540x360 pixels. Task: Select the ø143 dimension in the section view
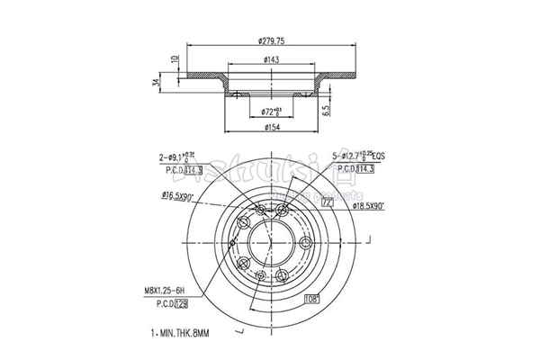[x=270, y=60]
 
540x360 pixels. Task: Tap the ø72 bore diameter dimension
[x=271, y=111]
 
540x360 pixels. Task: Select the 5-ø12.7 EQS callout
[x=361, y=157]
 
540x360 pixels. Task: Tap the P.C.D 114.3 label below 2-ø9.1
[x=181, y=169]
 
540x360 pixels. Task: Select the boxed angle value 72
[x=327, y=204]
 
